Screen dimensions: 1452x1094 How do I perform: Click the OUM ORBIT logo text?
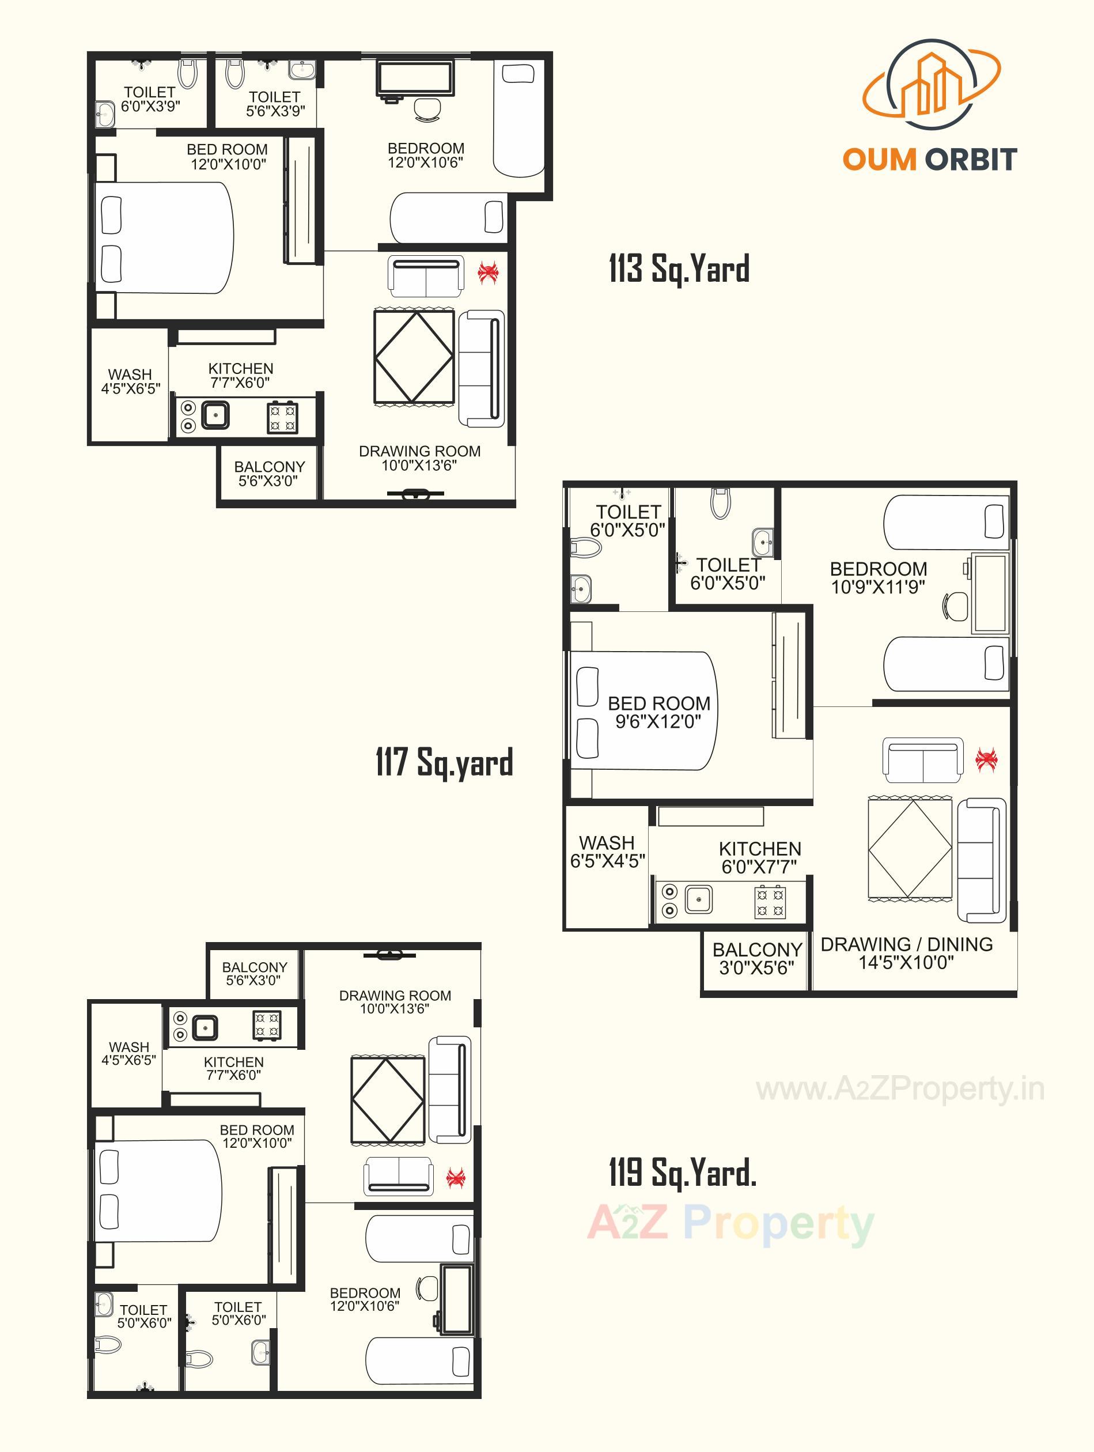point(929,160)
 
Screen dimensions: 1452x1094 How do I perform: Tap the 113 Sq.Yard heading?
point(679,269)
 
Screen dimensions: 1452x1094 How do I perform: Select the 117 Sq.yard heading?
point(444,762)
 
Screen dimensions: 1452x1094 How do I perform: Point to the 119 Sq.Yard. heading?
point(683,1173)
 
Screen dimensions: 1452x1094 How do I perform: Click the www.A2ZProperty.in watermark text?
point(900,1090)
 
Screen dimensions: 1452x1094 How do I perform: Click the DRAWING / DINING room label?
point(906,953)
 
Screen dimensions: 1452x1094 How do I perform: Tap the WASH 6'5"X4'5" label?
point(607,852)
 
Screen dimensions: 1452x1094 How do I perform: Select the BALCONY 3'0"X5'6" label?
point(756,958)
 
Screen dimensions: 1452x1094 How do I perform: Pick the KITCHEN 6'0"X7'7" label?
point(759,857)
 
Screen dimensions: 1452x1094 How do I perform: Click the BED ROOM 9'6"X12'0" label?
point(659,712)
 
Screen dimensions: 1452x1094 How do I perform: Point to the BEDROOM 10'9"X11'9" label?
point(878,578)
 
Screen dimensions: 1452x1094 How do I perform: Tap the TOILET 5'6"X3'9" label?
point(275,104)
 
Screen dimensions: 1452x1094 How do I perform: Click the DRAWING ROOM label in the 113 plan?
point(419,458)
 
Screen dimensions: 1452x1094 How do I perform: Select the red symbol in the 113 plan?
point(487,272)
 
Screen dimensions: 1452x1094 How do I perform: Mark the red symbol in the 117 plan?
point(986,759)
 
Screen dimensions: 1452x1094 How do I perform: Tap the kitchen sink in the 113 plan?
point(215,415)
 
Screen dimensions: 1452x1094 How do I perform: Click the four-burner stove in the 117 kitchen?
point(770,902)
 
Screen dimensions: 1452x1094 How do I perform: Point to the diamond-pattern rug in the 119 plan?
point(387,1100)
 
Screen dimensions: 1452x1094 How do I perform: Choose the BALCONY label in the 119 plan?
point(254,973)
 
